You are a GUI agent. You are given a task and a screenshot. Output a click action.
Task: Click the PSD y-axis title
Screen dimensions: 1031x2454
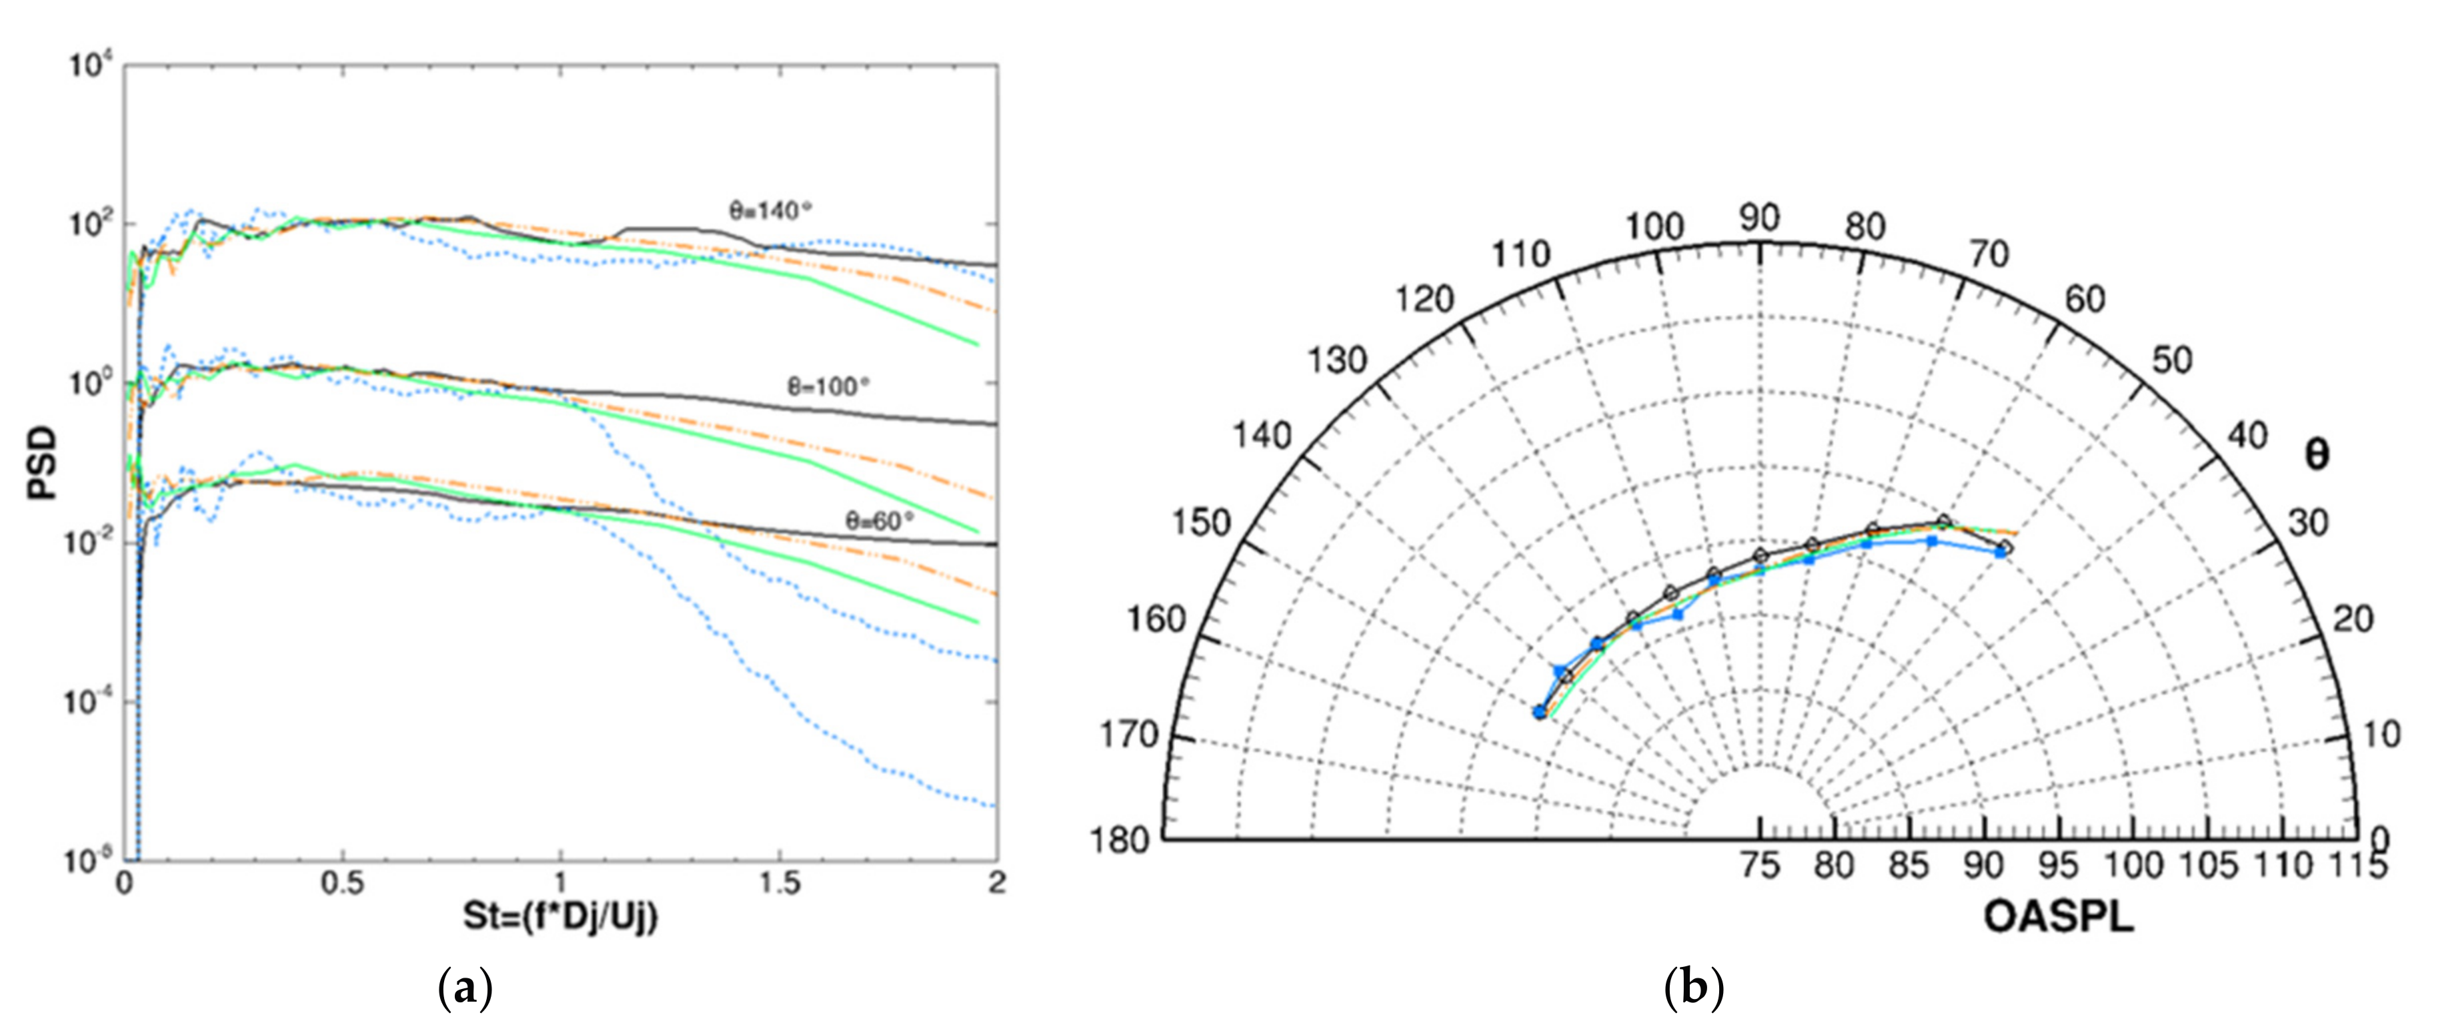(x=42, y=464)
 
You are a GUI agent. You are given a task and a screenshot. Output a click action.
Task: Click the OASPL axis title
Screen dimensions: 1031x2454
(x=2058, y=917)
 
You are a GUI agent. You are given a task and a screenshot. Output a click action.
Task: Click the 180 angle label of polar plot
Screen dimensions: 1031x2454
(x=1126, y=840)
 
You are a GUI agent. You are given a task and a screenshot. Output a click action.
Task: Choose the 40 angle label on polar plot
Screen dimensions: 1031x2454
(x=2248, y=436)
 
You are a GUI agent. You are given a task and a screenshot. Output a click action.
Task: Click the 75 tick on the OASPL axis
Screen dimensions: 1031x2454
(x=1760, y=866)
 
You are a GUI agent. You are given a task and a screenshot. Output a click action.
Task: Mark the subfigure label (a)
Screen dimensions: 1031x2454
(x=464, y=989)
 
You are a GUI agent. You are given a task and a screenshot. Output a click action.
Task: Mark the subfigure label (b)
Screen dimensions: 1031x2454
(x=1694, y=989)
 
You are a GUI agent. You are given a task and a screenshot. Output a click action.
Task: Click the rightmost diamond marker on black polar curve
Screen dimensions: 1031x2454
(x=2005, y=547)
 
